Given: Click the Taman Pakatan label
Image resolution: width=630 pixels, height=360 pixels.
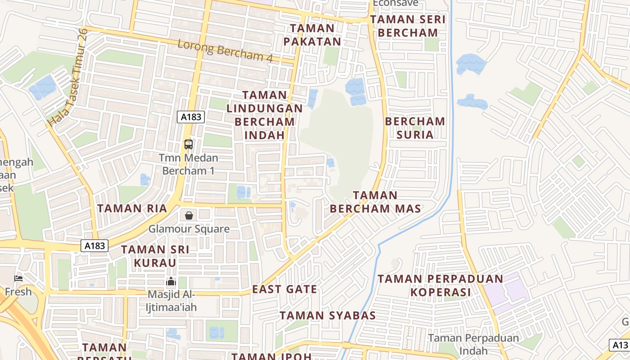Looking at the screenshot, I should [315, 35].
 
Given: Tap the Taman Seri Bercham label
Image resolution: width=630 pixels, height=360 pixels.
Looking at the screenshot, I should [408, 26].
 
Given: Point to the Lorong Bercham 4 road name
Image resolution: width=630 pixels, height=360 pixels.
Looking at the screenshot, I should [225, 50].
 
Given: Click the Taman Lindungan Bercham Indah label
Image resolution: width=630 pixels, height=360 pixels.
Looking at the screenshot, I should [265, 115].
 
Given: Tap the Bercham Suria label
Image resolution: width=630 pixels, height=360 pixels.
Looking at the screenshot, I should [415, 128].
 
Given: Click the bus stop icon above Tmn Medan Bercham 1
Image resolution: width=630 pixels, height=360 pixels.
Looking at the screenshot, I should [189, 144].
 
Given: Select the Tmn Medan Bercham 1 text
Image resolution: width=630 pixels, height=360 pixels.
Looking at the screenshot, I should [189, 164].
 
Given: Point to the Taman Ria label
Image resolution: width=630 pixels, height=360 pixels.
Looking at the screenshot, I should [132, 208].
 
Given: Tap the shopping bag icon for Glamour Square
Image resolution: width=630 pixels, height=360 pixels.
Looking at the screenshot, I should [189, 216].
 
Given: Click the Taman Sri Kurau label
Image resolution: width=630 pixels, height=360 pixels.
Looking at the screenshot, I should [155, 256].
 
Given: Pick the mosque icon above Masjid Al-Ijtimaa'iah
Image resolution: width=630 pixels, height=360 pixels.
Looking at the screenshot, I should [171, 282].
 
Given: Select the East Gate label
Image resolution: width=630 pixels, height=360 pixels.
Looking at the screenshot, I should [284, 289].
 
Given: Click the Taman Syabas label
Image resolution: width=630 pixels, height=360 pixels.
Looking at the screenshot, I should [328, 315].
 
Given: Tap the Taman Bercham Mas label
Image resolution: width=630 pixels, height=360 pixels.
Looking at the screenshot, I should [375, 202].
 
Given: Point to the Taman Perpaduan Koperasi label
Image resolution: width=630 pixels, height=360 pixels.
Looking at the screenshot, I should [440, 285].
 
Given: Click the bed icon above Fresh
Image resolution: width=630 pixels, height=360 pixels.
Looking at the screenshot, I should [18, 279].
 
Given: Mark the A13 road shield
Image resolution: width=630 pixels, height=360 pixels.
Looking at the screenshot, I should [620, 345].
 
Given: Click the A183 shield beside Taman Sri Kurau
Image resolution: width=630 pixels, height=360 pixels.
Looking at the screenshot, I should [95, 246].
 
